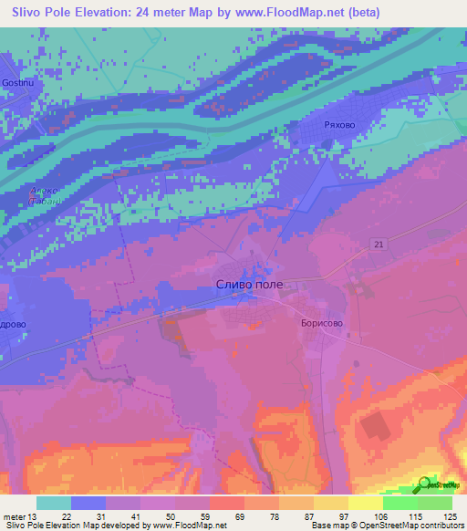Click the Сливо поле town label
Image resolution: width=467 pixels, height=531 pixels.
(x=249, y=285)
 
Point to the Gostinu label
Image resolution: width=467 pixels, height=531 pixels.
(x=18, y=82)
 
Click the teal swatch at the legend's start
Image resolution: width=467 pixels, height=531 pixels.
(x=54, y=503)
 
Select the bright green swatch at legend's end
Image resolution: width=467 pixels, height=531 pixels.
(x=435, y=503)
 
